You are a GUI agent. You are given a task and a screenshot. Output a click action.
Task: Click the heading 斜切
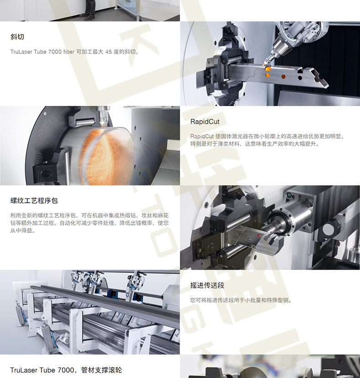point(17,37)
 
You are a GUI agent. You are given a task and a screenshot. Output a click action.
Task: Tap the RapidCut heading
point(205,122)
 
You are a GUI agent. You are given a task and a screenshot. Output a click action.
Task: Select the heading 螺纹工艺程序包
point(34,200)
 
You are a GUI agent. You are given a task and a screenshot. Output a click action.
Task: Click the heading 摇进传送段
point(207,285)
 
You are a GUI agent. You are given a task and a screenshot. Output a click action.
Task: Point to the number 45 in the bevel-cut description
point(108,51)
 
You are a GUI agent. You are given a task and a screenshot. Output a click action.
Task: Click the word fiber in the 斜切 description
point(69,51)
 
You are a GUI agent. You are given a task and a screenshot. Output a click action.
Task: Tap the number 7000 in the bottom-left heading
point(66,370)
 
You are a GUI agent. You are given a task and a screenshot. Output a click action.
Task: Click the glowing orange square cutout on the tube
point(267,69)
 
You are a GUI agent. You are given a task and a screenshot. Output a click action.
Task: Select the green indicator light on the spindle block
point(289,195)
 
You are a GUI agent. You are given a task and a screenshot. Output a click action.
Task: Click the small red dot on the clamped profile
point(259,235)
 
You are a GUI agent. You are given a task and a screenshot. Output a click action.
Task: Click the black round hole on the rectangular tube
point(300,77)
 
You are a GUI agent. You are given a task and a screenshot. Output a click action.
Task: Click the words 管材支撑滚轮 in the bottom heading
point(101,370)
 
